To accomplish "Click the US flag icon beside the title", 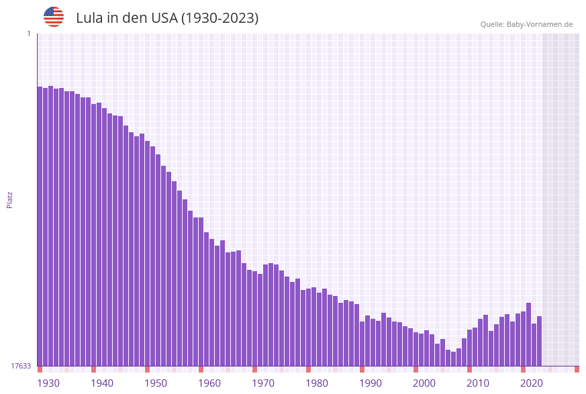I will coord(54,17).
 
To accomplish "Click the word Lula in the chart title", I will coord(89,18).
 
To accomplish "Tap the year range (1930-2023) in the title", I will coord(219,18).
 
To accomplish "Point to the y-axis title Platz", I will coord(9,199).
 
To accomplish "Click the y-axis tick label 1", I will coord(28,34).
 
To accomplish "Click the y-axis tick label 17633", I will coord(21,366).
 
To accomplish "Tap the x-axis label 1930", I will coord(48,383).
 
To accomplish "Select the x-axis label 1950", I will coord(156,383).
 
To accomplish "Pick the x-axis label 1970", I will coord(263,383).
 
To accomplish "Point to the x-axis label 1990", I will coord(371,383).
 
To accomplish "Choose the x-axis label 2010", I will coord(478,383).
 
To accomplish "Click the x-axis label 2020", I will coord(532,383).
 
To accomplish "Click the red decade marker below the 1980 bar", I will coord(308,369).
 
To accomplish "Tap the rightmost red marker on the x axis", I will coord(577,369).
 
